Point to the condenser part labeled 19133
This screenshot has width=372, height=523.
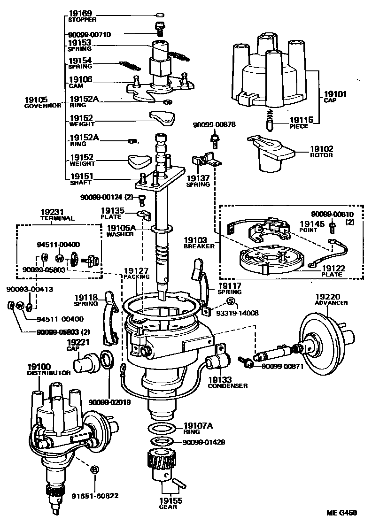[217, 363]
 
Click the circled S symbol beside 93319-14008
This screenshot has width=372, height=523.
[231, 301]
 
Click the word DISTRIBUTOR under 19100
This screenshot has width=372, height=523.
[48, 373]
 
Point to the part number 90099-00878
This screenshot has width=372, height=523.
[215, 125]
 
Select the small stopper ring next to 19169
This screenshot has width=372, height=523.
[159, 15]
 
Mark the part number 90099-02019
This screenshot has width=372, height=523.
[109, 402]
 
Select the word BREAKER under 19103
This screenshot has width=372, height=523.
[196, 246]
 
